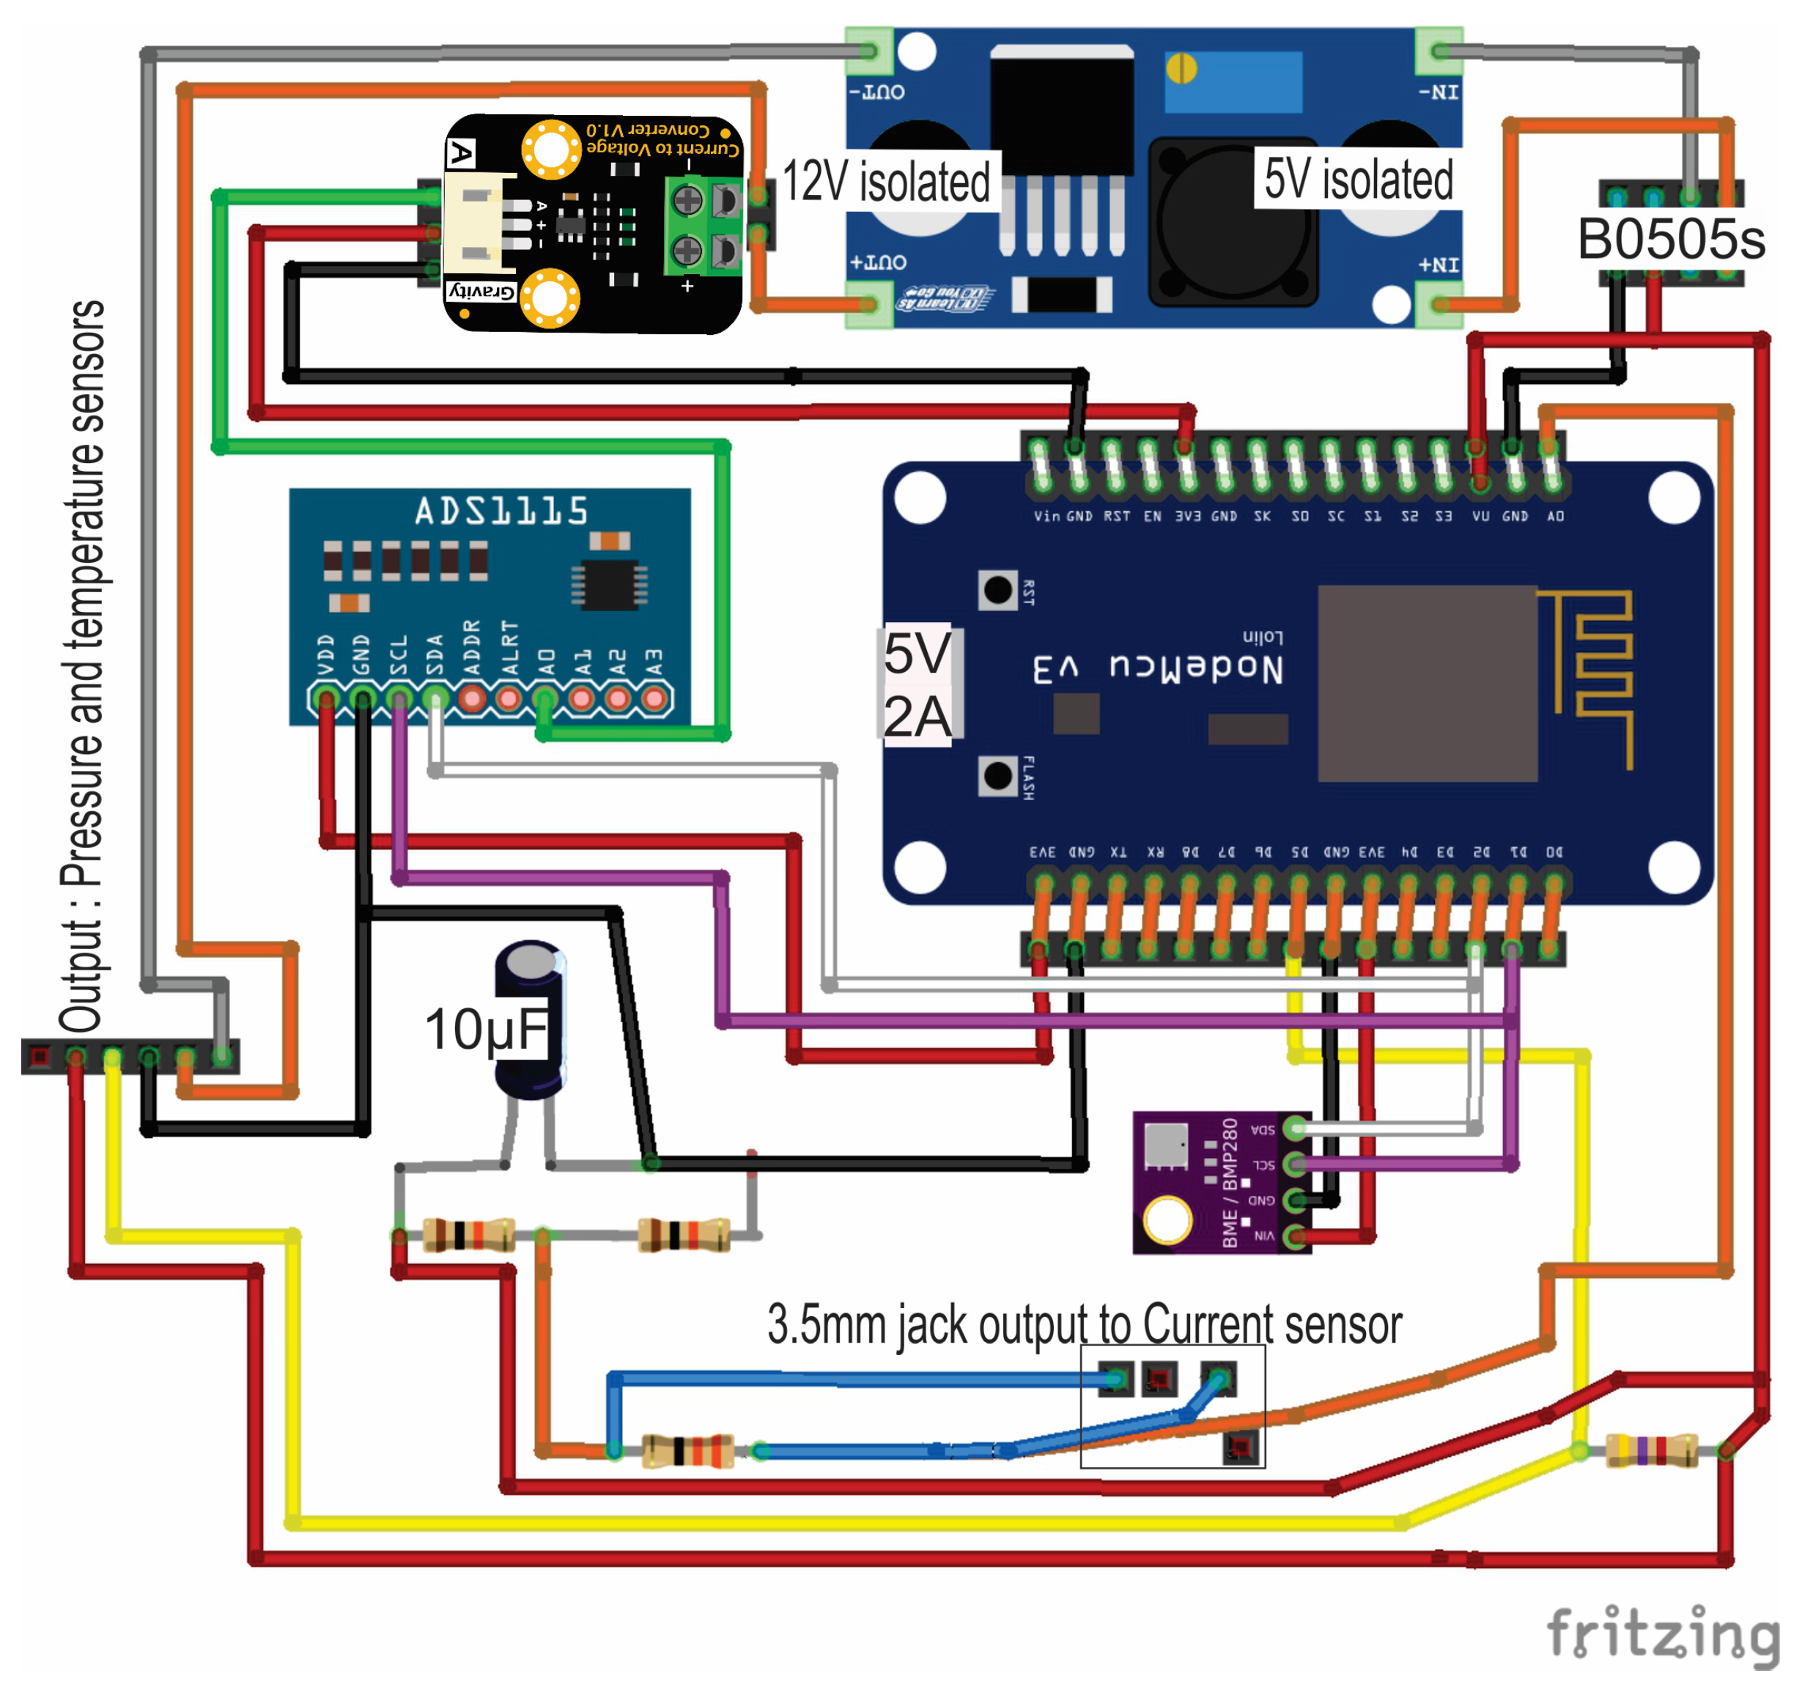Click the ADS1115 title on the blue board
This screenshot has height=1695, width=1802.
(501, 512)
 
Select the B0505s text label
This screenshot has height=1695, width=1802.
(1671, 240)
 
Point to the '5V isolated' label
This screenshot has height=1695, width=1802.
(1358, 179)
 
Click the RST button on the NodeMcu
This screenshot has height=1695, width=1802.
(998, 591)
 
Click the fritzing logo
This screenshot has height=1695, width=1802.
(1661, 1633)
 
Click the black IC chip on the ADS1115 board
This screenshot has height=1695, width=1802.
(609, 585)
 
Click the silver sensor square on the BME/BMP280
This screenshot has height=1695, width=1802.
(1166, 1145)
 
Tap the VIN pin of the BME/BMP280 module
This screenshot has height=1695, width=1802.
(1296, 1236)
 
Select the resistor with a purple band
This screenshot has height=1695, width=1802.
(1650, 1451)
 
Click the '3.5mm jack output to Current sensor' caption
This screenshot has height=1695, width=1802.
(1084, 1324)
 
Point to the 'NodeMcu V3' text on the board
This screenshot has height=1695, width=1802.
(1158, 669)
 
